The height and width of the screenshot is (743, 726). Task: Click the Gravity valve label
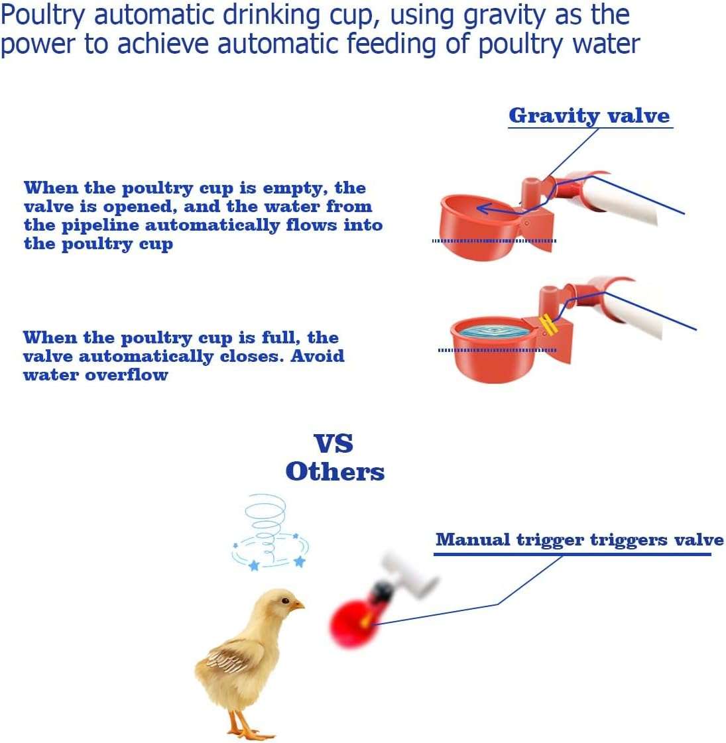click(589, 115)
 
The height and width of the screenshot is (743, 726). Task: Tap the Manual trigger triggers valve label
click(579, 540)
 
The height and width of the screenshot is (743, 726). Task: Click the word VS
click(333, 444)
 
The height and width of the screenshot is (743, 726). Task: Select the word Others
click(335, 471)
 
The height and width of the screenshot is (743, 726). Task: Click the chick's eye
click(286, 601)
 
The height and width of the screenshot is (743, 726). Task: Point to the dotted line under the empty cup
click(494, 241)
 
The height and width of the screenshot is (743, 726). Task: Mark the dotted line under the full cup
click(497, 350)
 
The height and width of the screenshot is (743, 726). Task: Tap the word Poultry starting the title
click(42, 16)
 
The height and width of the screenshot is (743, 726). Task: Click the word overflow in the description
click(127, 375)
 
